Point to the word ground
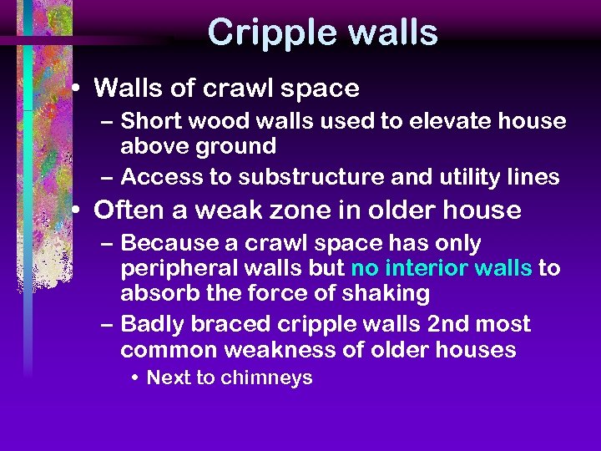tap(237, 146)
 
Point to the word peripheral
tap(174, 269)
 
